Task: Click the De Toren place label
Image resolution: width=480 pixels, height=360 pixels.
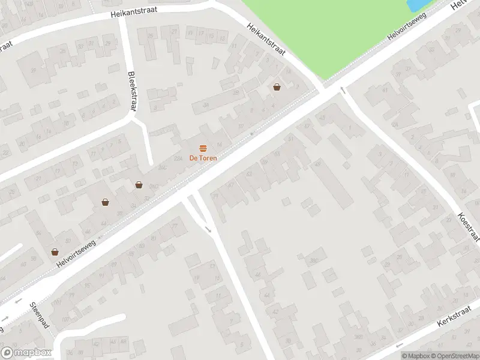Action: [203, 158]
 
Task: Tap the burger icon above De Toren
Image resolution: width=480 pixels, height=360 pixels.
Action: [203, 148]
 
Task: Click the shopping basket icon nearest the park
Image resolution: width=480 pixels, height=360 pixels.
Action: [277, 86]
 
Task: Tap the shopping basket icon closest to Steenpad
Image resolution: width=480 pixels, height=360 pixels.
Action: [55, 252]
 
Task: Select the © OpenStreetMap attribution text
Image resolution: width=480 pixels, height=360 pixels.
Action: [452, 356]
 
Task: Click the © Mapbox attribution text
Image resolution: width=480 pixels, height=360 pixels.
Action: [415, 356]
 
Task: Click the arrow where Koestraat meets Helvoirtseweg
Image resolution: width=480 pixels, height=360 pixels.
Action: [343, 90]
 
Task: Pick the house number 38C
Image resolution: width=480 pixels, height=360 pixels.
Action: [313, 260]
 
